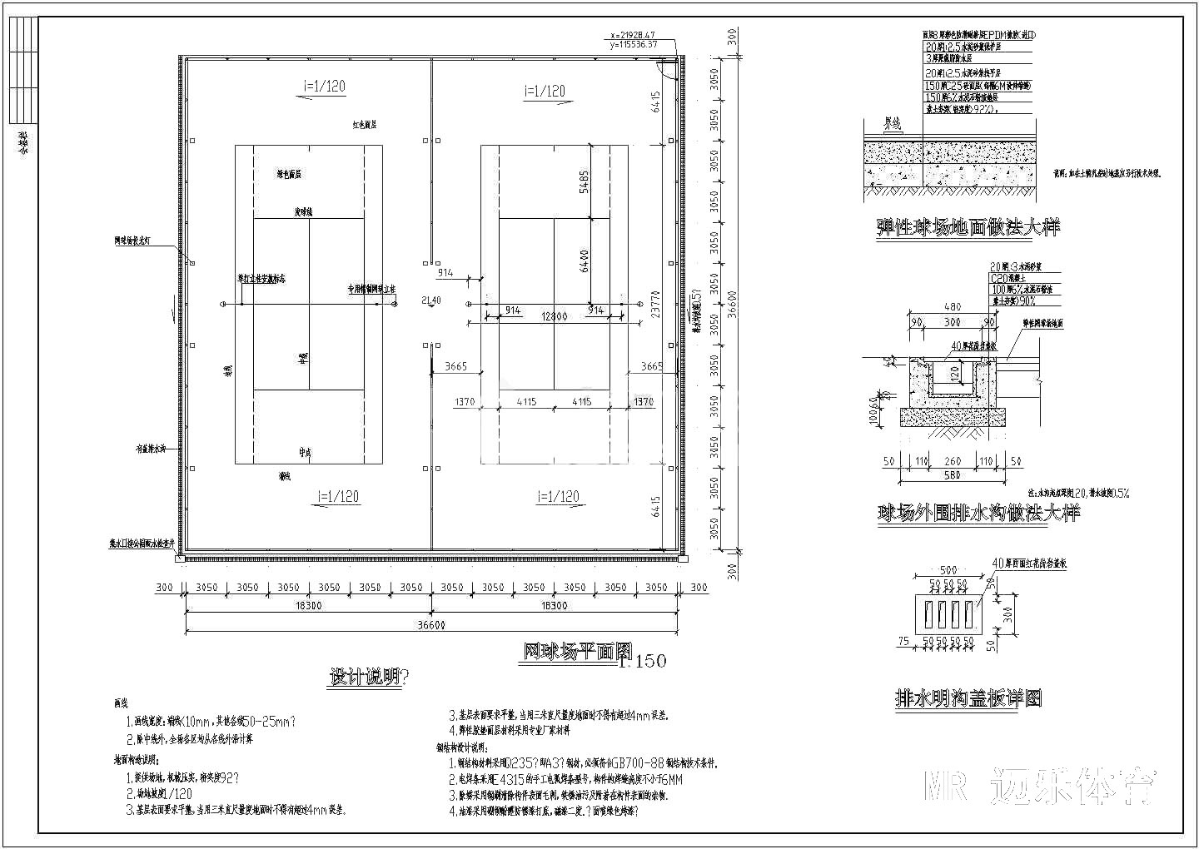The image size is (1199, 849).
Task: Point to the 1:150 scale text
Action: click(643, 662)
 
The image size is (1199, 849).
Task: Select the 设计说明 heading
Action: click(367, 677)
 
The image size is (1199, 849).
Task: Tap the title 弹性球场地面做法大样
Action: click(968, 227)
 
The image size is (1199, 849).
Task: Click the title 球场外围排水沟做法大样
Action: click(978, 513)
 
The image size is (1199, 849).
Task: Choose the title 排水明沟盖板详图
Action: click(968, 698)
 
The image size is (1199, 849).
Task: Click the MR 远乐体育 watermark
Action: click(1041, 785)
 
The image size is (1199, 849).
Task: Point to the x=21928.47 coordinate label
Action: click(634, 36)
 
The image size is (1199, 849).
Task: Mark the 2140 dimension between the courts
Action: click(431, 300)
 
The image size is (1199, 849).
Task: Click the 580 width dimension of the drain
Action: click(952, 475)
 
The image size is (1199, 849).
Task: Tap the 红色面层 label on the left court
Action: click(364, 124)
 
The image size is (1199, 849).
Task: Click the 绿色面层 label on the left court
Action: click(289, 175)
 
